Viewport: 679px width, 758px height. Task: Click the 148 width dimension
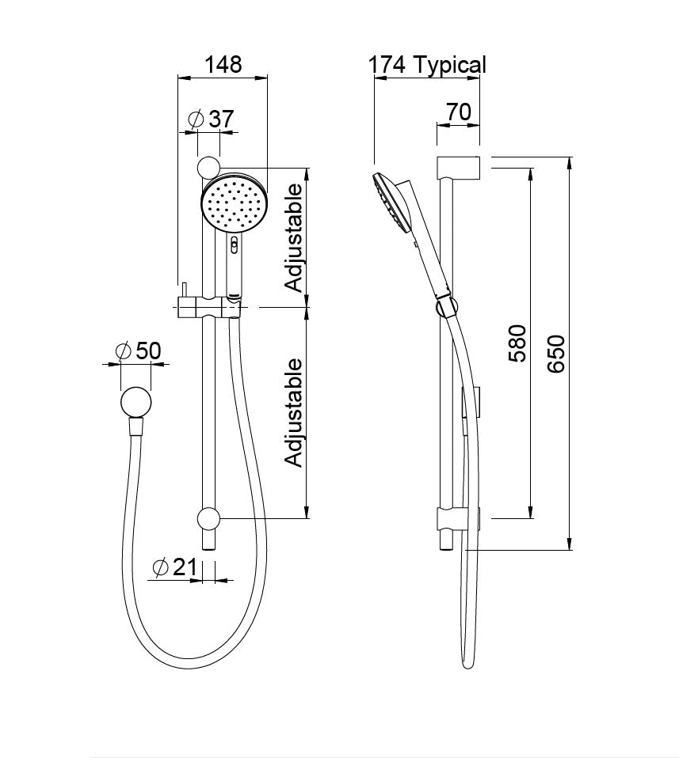223,64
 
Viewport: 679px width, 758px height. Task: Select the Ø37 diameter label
212,119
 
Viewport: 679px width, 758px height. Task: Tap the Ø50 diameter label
138,351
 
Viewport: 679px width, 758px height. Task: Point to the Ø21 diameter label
174,567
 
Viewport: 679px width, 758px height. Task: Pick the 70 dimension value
458,112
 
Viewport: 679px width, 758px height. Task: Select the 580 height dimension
517,342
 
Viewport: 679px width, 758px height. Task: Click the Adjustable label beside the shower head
294,237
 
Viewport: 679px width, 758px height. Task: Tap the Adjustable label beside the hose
294,412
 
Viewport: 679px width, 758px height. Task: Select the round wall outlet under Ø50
136,402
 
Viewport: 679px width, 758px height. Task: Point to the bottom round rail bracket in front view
208,518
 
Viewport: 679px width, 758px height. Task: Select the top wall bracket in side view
459,168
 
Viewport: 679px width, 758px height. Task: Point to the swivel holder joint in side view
445,306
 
